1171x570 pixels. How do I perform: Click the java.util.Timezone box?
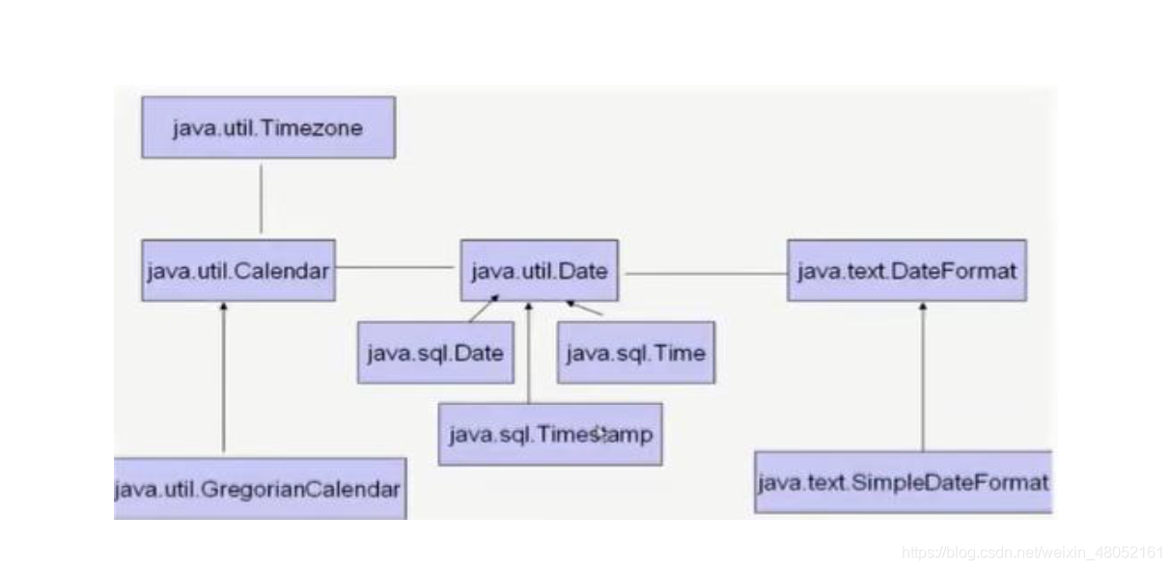click(267, 127)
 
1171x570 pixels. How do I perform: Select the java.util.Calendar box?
click(238, 270)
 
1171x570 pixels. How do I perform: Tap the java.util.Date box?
click(540, 270)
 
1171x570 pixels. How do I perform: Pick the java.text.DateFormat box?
click(906, 270)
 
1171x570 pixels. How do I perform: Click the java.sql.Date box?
click(434, 352)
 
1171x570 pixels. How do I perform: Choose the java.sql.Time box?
click(635, 352)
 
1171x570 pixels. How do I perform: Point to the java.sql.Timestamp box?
click(550, 434)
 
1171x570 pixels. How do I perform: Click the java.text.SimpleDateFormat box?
click(903, 481)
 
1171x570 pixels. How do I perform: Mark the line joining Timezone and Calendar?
click(261, 198)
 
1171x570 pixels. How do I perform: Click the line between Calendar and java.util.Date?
click(395, 267)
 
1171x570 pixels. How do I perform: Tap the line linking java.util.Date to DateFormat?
click(705, 273)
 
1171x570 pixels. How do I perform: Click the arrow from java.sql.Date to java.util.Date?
click(482, 310)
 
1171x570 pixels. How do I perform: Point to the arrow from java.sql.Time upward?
click(585, 309)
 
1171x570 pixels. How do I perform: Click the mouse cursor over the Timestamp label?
click(600, 434)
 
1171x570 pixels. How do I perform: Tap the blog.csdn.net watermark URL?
click(1032, 553)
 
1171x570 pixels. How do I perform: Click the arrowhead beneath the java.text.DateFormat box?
click(923, 307)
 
